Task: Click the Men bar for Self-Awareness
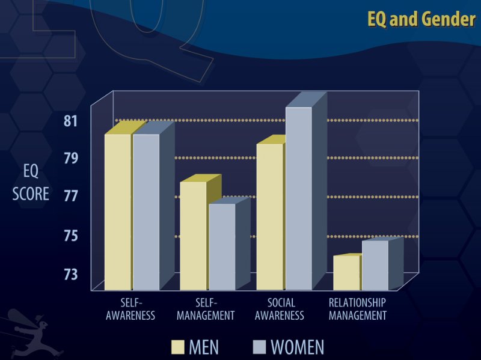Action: (118, 212)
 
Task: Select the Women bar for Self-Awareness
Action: (146, 212)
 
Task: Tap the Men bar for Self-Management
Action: (193, 236)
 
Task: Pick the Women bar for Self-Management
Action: (222, 246)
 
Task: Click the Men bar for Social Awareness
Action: (270, 216)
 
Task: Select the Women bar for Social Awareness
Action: (298, 198)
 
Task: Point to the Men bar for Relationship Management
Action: (346, 272)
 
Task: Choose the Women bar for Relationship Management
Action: (375, 265)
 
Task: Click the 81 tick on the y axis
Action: (71, 121)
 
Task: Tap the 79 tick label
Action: (71, 159)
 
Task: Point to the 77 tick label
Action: (71, 197)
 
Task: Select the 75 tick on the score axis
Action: (71, 236)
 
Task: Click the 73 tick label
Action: (71, 274)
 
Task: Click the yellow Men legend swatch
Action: (177, 347)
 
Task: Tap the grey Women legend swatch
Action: (260, 347)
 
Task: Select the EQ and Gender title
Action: (421, 20)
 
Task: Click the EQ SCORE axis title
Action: (31, 183)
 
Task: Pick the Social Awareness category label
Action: (279, 309)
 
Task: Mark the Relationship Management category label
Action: (357, 309)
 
